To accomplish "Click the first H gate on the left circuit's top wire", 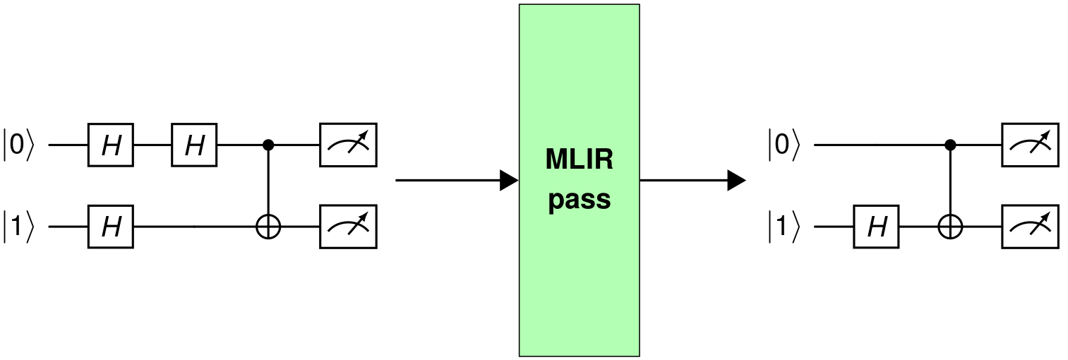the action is (x=111, y=145).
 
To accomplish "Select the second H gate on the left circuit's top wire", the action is (x=195, y=145).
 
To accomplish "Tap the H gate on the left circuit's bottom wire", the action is (x=111, y=227).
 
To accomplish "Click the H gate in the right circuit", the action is (x=876, y=227).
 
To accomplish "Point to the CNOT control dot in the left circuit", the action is (x=268, y=145).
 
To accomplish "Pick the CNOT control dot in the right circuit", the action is (x=950, y=145).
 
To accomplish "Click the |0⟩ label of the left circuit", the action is (x=19, y=145).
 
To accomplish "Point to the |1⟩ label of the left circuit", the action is (x=19, y=227).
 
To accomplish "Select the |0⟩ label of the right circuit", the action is (x=784, y=145).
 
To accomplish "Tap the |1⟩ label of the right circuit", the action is (x=784, y=227).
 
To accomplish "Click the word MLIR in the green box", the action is (x=580, y=160).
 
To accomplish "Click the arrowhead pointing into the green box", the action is (x=509, y=181).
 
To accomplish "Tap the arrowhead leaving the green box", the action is (x=737, y=181).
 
